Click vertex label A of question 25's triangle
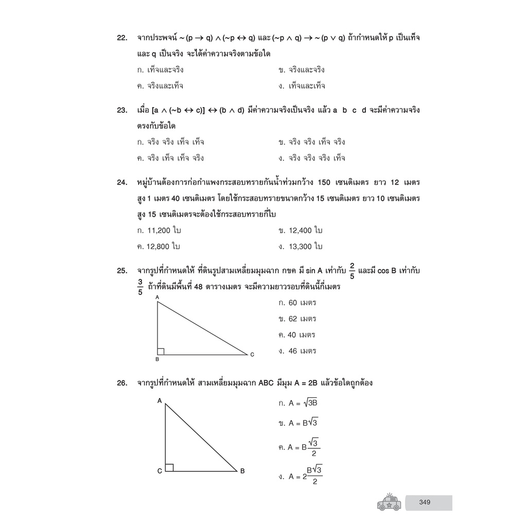click(x=157, y=297)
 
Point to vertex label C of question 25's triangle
click(x=252, y=355)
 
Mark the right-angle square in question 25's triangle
click(x=161, y=352)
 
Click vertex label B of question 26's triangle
click(x=242, y=471)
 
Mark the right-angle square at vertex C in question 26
click(x=169, y=467)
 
